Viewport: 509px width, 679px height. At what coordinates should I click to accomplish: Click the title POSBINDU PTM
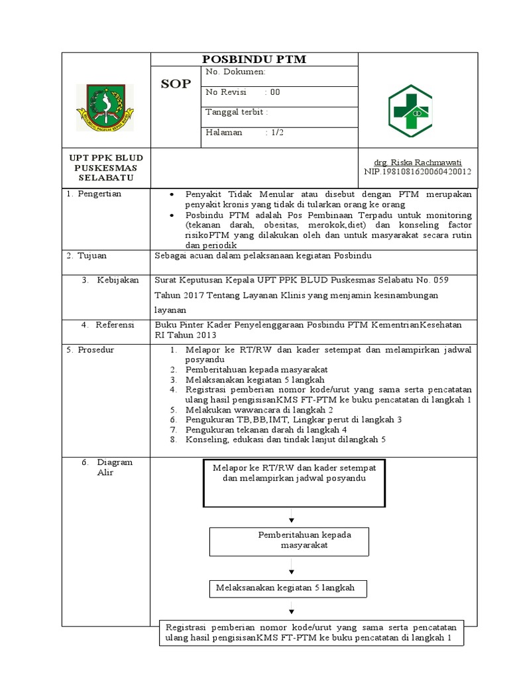254,60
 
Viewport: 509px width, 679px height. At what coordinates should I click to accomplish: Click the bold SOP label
176,84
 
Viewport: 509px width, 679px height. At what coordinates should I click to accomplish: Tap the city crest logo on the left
105,107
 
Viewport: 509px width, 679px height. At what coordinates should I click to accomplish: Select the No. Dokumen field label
236,72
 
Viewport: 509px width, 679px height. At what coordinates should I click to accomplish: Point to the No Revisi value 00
274,92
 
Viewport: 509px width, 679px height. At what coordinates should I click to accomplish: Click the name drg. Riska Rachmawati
418,162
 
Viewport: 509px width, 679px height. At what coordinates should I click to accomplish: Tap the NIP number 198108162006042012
418,171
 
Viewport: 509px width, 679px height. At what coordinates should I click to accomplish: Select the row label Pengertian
99,194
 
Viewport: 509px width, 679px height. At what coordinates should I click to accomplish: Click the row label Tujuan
92,255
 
